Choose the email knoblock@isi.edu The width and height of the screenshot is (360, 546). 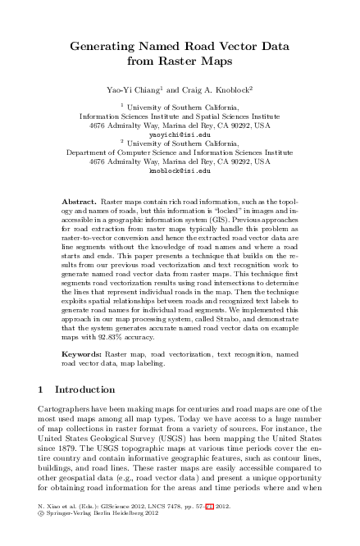[x=180, y=172]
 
